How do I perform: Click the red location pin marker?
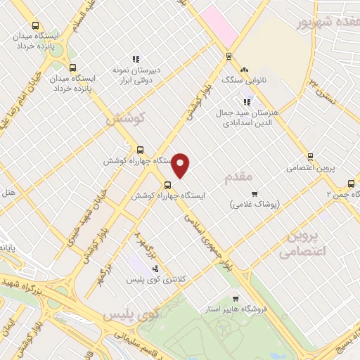pos(181,164)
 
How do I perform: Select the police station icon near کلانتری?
pos(155,269)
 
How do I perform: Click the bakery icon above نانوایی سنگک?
pos(244,70)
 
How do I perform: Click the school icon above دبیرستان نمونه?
pos(136,60)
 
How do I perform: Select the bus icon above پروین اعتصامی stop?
pos(310,157)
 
